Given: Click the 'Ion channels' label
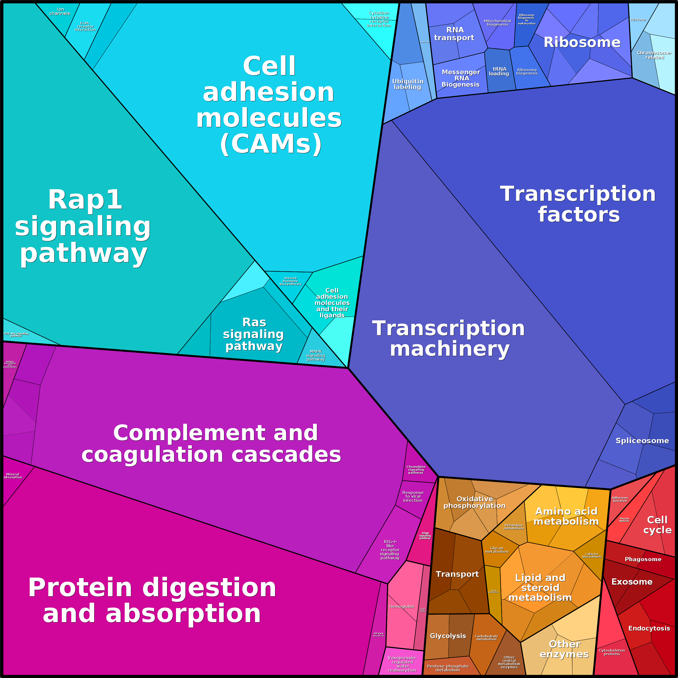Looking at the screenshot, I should (x=60, y=12).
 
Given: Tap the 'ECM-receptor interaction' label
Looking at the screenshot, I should (x=85, y=27).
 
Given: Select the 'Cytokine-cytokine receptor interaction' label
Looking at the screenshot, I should (x=379, y=19).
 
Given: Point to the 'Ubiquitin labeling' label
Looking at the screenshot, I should (x=408, y=84).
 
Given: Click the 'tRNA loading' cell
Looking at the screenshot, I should (x=499, y=71).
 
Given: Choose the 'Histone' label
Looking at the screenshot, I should (x=638, y=20).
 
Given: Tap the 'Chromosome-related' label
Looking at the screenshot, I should (x=654, y=55).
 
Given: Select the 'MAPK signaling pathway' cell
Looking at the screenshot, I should (x=316, y=355).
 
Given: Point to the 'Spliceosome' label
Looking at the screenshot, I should (x=642, y=441).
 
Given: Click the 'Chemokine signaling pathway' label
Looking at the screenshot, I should (x=416, y=470).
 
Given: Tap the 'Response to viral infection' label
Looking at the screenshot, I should (x=413, y=496).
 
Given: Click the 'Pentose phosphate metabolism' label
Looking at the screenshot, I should (x=448, y=668).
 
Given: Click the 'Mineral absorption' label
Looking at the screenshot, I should (x=13, y=476).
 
